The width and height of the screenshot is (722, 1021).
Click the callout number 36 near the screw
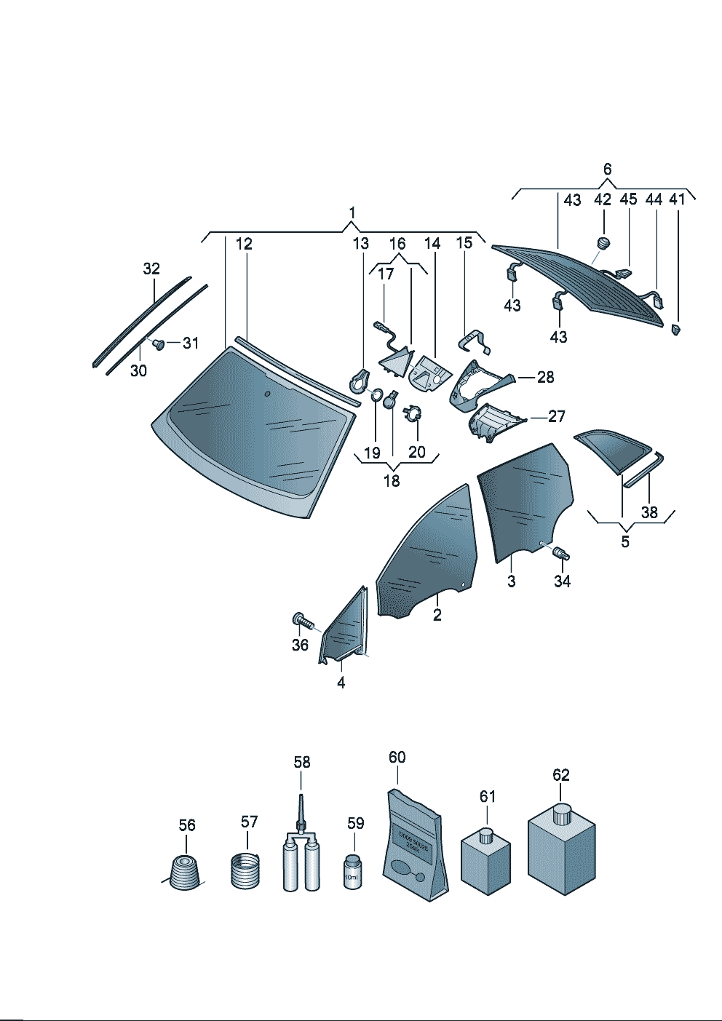point(300,645)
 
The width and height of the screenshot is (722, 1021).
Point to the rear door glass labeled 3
point(523,502)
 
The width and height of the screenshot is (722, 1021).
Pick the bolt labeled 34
point(560,554)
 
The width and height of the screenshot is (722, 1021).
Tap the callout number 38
point(649,512)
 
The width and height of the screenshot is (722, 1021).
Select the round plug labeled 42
point(603,242)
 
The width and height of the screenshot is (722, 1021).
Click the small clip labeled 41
point(676,330)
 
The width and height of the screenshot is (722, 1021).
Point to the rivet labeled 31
point(156,343)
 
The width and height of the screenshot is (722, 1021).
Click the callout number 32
point(151,269)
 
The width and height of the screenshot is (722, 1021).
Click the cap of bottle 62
point(561,813)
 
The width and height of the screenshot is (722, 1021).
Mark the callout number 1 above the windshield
point(352,212)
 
